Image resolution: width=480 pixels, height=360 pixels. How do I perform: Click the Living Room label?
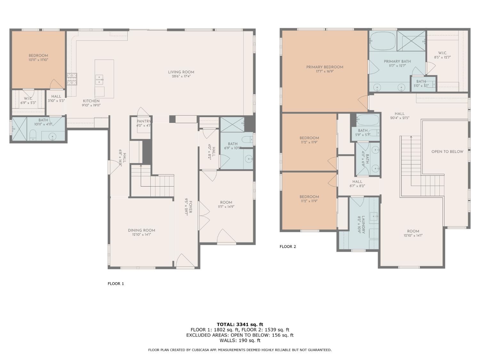coord(181,72)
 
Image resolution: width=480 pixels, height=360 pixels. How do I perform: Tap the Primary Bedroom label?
coord(324,67)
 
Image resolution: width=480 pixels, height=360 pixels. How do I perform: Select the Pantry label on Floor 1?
coord(143,121)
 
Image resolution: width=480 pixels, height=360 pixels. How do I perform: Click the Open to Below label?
coord(447,152)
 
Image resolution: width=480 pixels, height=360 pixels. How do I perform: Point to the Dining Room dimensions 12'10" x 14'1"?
coord(141,235)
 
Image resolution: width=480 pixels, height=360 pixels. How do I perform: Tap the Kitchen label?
coord(91,101)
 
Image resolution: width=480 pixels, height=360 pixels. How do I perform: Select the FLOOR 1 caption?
coord(116,284)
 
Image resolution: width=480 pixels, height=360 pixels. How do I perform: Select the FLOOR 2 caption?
coord(288,246)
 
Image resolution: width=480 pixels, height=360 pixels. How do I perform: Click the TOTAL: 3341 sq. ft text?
coord(240,324)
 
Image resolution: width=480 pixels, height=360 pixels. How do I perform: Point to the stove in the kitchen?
coord(72,79)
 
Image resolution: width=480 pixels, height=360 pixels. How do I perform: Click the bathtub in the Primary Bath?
coord(383,41)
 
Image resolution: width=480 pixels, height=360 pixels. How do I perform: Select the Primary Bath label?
coord(397,61)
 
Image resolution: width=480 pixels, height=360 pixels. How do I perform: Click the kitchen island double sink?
coord(99,79)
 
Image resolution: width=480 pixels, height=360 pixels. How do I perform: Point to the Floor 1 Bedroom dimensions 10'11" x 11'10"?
coord(38,60)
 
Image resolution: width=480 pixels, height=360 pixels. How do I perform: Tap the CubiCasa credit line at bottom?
coord(240,350)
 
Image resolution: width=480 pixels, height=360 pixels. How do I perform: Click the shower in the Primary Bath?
coord(411,41)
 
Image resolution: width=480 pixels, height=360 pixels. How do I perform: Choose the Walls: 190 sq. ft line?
coord(240,340)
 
